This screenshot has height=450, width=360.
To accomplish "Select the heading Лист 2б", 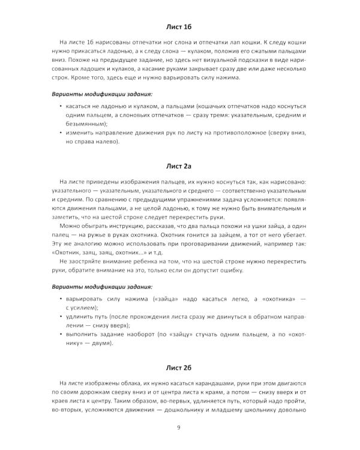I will pyautogui.click(x=179, y=367).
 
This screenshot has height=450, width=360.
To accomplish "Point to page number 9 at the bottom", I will pyautogui.click(x=179, y=427).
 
